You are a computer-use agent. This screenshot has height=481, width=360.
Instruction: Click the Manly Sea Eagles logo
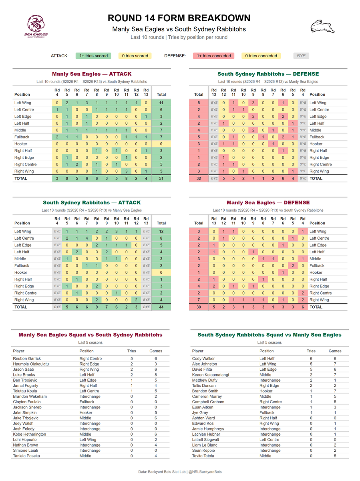pyautogui.click(x=36, y=26)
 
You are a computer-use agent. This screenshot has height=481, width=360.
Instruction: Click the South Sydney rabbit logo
pyautogui.click(x=322, y=26)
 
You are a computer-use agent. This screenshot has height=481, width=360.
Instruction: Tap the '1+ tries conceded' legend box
pyautogui.click(x=213, y=56)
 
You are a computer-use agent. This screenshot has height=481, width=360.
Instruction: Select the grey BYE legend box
pyautogui.click(x=301, y=56)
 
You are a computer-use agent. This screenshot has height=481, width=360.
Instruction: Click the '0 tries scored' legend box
pyautogui.click(x=135, y=56)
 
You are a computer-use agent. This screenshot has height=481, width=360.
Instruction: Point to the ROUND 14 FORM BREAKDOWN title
pyautogui.click(x=179, y=18)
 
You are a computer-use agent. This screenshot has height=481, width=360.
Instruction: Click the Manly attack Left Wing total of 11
pyautogui.click(x=161, y=103)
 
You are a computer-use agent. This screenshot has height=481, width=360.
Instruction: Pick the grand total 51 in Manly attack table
pyautogui.click(x=161, y=178)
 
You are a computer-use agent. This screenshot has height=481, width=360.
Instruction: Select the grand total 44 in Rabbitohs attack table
pyautogui.click(x=161, y=307)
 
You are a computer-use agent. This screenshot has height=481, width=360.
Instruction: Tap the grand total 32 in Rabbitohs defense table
pyautogui.click(x=199, y=178)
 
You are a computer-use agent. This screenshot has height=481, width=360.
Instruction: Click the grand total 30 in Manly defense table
pyautogui.click(x=199, y=307)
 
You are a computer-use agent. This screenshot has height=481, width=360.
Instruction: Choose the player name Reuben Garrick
pyautogui.click(x=27, y=359)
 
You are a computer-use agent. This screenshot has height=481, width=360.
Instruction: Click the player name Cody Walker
pyautogui.click(x=203, y=359)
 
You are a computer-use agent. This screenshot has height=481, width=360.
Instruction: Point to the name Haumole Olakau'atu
pyautogui.click(x=31, y=364)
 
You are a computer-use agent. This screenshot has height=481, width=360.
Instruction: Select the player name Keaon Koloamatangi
pyautogui.click(x=210, y=375)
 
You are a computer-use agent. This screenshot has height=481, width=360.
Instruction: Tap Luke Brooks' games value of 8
pyautogui.click(x=156, y=375)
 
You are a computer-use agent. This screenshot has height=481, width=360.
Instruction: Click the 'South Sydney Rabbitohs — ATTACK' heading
pyautogui.click(x=92, y=202)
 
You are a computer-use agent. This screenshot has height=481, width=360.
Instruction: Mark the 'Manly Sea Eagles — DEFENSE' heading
pyautogui.click(x=268, y=202)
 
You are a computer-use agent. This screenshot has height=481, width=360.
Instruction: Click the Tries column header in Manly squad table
pyautogui.click(x=131, y=351)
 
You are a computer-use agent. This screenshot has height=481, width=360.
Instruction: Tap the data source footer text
pyautogui.click(x=180, y=472)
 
